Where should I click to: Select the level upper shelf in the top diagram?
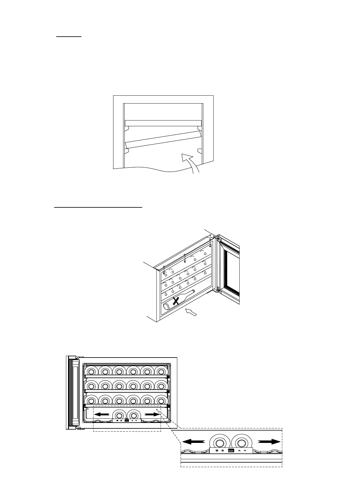163,123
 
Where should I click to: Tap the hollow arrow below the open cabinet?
191,312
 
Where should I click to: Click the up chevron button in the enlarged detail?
239,450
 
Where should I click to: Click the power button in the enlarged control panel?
217,450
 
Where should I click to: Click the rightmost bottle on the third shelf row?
161,400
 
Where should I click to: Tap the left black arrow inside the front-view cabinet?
101,414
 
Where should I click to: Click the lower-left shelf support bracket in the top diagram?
127,150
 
